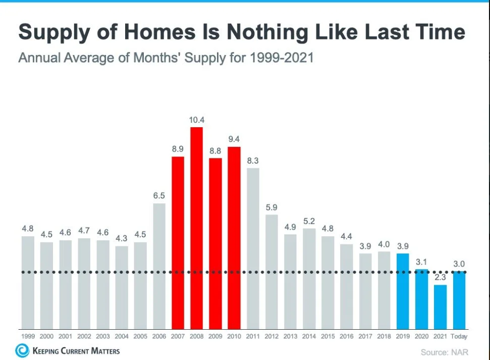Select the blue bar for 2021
(x=440, y=306)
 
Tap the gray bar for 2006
(x=159, y=266)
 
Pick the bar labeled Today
(x=459, y=300)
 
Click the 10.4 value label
(x=196, y=120)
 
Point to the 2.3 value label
(x=440, y=277)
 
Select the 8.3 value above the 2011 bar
(x=253, y=160)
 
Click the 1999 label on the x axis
(x=28, y=336)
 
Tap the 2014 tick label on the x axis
(x=309, y=336)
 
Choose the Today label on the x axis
(x=459, y=336)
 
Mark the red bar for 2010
(x=234, y=237)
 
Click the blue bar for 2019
(x=403, y=291)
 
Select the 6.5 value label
(x=159, y=195)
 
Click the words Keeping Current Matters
(x=76, y=350)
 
